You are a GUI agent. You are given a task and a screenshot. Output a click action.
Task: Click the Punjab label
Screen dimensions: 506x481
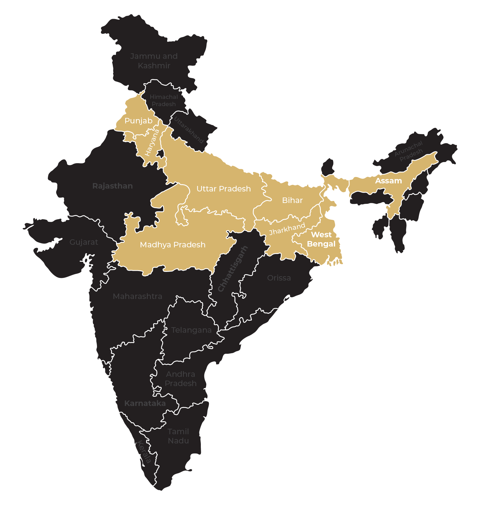coord(138,121)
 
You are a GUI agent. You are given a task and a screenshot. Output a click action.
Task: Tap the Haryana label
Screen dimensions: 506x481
coord(152,143)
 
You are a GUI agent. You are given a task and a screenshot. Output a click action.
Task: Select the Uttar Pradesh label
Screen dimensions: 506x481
coord(224,189)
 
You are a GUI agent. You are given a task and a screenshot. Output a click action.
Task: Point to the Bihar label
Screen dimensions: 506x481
coord(292,200)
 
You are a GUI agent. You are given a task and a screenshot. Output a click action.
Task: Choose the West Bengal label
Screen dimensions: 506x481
coord(321,239)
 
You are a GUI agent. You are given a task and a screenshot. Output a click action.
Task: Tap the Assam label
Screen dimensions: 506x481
coord(388,181)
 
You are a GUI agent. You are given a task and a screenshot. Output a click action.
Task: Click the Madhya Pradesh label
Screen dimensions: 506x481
coord(173,245)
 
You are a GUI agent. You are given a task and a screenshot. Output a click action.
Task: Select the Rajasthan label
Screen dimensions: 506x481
coord(113,186)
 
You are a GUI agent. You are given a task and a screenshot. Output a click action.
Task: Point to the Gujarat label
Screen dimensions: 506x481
coord(84,242)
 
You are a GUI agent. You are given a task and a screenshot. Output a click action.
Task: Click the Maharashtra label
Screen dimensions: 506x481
coord(137,296)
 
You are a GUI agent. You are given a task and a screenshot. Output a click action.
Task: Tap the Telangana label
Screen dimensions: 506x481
coord(191,330)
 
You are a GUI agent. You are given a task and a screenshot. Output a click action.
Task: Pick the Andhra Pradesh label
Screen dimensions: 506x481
coord(181,379)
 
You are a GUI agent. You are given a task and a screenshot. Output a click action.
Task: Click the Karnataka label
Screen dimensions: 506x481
coord(145,403)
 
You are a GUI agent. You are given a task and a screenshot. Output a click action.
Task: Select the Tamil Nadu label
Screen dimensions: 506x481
coord(178,436)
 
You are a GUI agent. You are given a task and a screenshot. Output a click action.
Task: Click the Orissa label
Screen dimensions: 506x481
coord(279,278)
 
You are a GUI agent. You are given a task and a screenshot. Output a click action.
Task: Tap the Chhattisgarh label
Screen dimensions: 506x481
coord(233,269)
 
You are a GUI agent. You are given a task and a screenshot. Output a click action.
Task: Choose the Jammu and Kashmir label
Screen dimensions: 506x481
coord(154,61)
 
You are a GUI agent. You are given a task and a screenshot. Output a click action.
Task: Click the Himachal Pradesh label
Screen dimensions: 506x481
coord(164,100)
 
